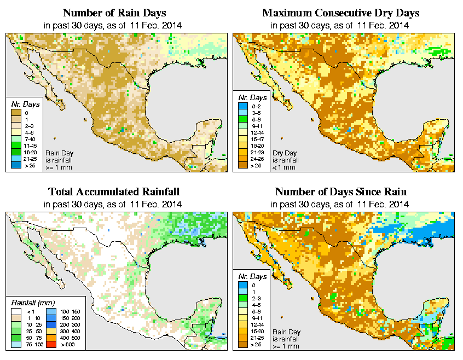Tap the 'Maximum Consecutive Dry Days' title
pos(341,13)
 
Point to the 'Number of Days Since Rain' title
pos(341,192)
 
